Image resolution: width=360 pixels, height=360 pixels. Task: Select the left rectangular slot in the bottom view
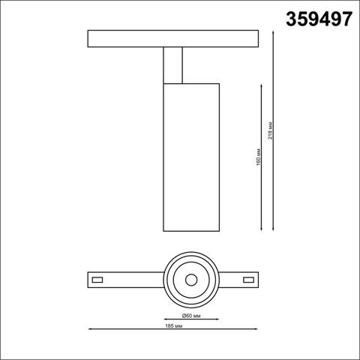coord(97,280)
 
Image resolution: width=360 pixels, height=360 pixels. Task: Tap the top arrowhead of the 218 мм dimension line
coord(272,33)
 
